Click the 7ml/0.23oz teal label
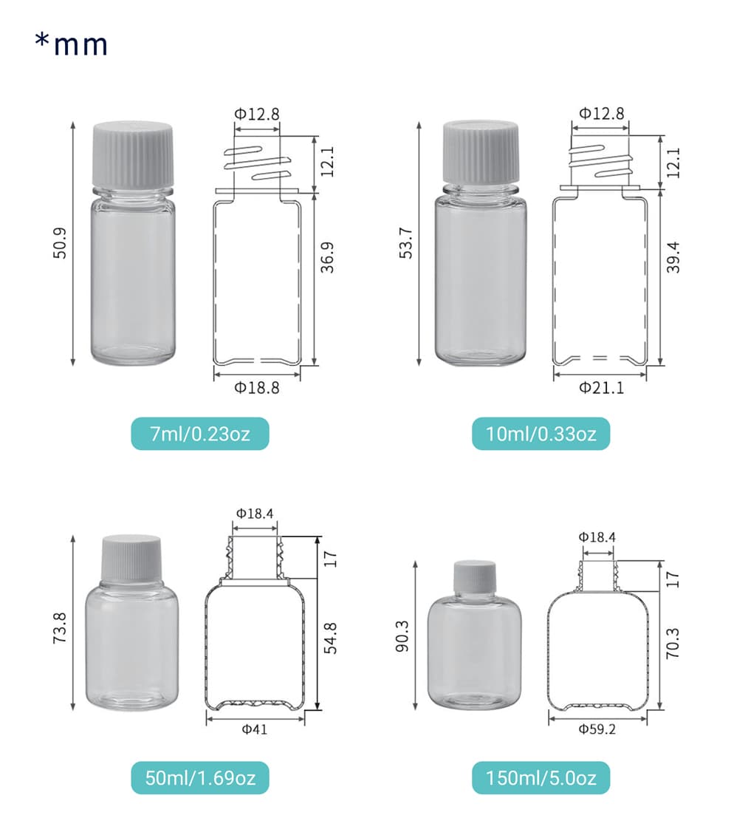click(199, 434)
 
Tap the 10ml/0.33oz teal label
click(540, 434)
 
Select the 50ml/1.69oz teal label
click(199, 778)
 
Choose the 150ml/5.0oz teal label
click(540, 778)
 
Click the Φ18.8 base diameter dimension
click(256, 388)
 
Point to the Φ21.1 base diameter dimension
click(601, 388)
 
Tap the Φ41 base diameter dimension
click(255, 729)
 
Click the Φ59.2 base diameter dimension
click(597, 729)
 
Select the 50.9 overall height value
click(60, 243)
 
